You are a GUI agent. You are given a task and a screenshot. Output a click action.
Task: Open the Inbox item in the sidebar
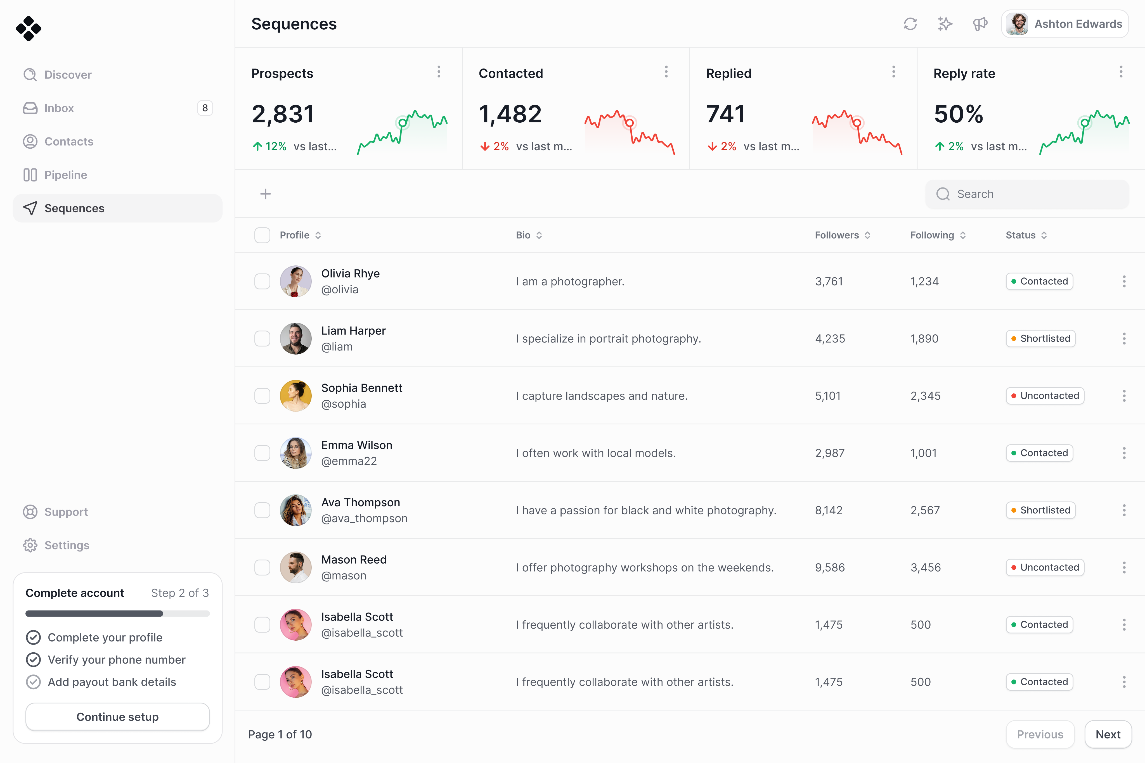tap(59, 108)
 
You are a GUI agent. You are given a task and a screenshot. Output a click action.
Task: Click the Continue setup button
tap(117, 717)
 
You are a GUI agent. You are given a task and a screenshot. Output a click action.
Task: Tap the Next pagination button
tap(1108, 734)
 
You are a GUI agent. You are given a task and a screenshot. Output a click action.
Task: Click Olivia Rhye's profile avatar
tap(295, 281)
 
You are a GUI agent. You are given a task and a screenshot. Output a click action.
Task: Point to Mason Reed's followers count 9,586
tap(830, 567)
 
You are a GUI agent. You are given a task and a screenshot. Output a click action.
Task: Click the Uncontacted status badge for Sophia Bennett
tap(1045, 396)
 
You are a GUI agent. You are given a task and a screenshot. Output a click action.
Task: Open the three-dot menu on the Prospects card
tap(439, 72)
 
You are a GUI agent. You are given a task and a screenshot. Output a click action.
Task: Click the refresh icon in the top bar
tap(910, 24)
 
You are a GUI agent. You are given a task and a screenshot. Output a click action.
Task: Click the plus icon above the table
tap(265, 194)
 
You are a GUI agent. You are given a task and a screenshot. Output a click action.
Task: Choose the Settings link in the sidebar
tap(67, 545)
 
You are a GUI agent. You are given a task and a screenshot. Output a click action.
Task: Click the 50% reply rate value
tap(958, 114)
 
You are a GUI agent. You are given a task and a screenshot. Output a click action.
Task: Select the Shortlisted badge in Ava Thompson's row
tap(1040, 510)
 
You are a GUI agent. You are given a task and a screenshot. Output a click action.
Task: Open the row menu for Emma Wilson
tap(1124, 453)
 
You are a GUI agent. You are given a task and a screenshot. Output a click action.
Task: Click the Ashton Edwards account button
tap(1065, 24)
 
